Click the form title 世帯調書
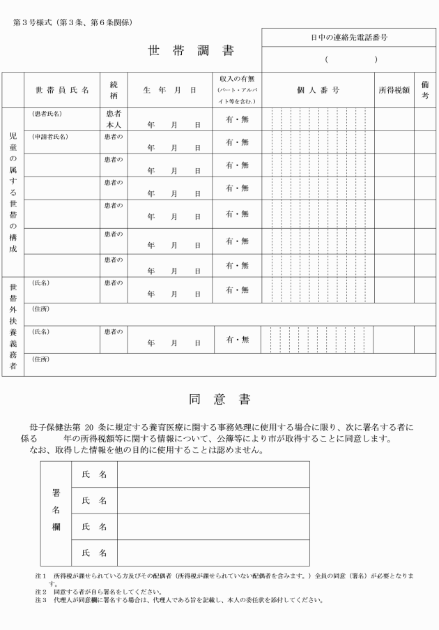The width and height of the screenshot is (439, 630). (x=191, y=51)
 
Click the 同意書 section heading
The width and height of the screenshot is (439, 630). (x=219, y=399)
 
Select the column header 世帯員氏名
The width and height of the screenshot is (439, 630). (x=62, y=90)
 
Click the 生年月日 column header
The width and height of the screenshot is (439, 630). (x=169, y=90)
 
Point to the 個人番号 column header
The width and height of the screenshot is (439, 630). (x=317, y=90)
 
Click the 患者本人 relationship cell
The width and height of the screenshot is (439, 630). (x=113, y=119)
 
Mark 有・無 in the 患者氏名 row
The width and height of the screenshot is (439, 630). (x=237, y=119)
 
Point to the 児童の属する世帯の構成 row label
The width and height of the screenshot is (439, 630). (x=13, y=192)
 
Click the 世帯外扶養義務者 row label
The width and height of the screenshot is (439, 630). (x=13, y=325)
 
